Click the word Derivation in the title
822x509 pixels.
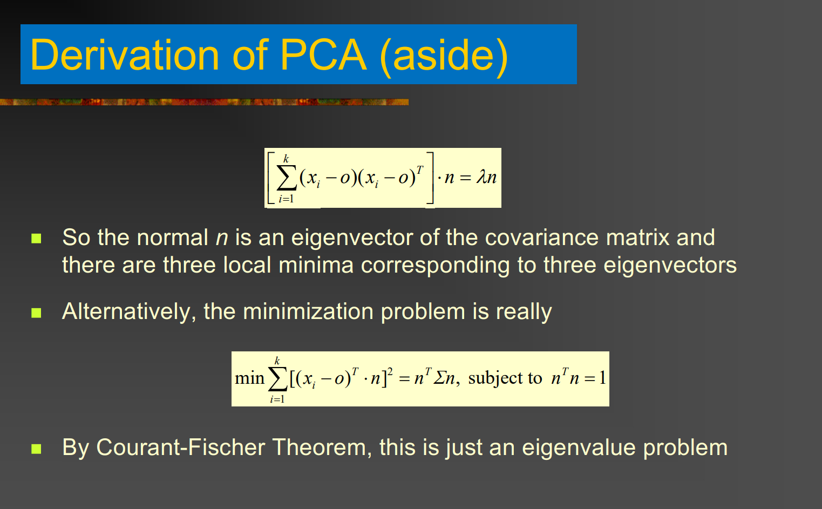[125, 55]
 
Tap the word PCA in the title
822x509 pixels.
[323, 55]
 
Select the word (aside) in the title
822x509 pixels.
[444, 57]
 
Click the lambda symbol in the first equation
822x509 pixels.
[481, 177]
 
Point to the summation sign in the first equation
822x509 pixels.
[286, 178]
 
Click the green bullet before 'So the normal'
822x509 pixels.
[36, 239]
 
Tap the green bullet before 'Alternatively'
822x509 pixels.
[36, 313]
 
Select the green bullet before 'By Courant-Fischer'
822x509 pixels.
[36, 449]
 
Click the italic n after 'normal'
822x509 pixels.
[222, 238]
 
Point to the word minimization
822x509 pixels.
[308, 311]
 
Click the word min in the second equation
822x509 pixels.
[249, 378]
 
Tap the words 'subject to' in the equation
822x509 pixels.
[505, 378]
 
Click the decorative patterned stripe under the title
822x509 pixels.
[204, 102]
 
